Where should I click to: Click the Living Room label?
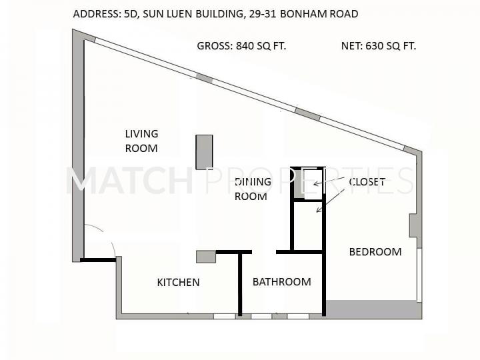(141, 141)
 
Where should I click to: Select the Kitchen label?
(178, 282)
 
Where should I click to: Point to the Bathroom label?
(281, 281)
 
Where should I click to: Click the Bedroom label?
(375, 251)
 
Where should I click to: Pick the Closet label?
(367, 182)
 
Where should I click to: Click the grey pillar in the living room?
(204, 152)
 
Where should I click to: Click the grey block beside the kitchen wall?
(206, 257)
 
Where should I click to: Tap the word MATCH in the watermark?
(129, 181)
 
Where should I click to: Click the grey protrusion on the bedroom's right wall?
(415, 225)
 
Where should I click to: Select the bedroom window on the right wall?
(419, 275)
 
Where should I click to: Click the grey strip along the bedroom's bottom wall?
(373, 308)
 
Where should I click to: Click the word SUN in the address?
(153, 14)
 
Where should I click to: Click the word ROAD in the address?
(344, 14)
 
